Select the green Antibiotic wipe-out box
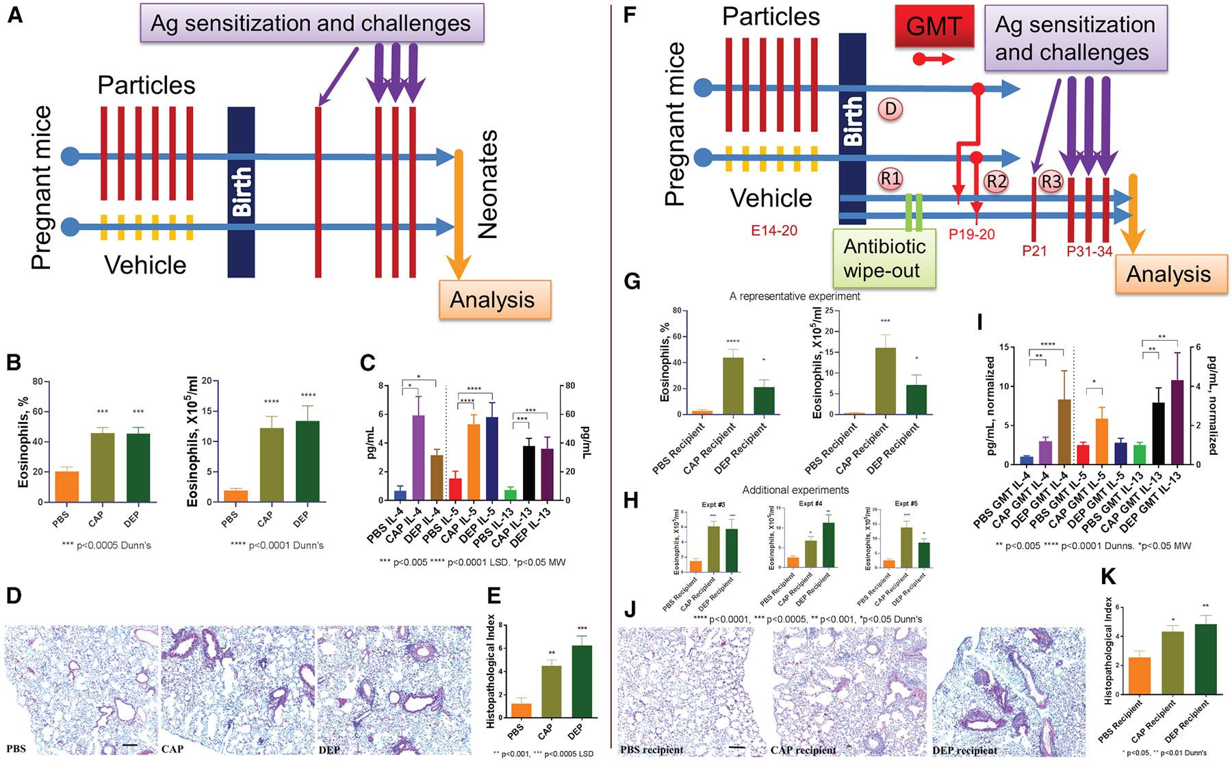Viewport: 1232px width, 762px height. pyautogui.click(x=884, y=258)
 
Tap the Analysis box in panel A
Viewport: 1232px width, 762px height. pyautogui.click(x=492, y=300)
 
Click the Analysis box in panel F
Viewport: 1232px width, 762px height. pyautogui.click(x=1168, y=274)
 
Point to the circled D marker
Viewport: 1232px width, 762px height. pyautogui.click(x=890, y=109)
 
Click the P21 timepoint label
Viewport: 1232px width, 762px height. pyautogui.click(x=1034, y=251)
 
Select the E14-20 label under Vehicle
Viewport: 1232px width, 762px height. pyautogui.click(x=773, y=231)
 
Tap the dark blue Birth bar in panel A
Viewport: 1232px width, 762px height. pyautogui.click(x=241, y=192)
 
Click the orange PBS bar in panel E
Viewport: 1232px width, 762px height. pyautogui.click(x=521, y=710)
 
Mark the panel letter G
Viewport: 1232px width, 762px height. pyautogui.click(x=631, y=281)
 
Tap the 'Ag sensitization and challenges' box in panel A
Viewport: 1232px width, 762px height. pyautogui.click(x=311, y=23)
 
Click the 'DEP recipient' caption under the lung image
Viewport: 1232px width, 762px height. pyautogui.click(x=964, y=750)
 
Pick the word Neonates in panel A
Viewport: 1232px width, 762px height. pyautogui.click(x=487, y=185)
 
